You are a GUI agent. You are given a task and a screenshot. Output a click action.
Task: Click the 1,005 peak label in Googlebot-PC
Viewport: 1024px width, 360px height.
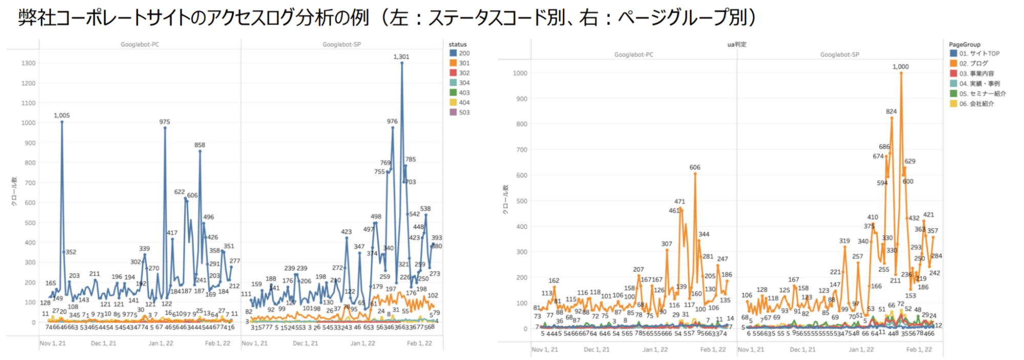pyautogui.click(x=61, y=116)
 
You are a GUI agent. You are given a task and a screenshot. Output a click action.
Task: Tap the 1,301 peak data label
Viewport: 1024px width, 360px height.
pyautogui.click(x=401, y=57)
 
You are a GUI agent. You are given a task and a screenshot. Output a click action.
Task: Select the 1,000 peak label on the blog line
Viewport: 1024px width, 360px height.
pyautogui.click(x=900, y=67)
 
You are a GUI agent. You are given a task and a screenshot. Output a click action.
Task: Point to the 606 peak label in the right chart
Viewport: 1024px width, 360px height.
pyautogui.click(x=695, y=167)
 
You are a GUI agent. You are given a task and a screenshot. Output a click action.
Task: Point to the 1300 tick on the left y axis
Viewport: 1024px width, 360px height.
pyautogui.click(x=28, y=63)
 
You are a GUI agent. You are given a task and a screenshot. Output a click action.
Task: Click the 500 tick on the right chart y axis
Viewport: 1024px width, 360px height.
pyautogui.click(x=521, y=201)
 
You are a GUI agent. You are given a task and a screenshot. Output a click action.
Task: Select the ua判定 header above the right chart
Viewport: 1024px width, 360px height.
pyautogui.click(x=737, y=45)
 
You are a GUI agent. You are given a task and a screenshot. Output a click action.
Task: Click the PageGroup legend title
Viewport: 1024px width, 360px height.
pyautogui.click(x=964, y=45)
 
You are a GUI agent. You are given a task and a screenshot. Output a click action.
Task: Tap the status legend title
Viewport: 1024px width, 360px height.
pyautogui.click(x=457, y=45)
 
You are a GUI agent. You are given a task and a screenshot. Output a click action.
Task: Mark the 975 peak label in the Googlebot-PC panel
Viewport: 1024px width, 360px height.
pyautogui.click(x=164, y=122)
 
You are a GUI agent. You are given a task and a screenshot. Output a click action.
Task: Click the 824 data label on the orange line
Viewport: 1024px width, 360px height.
pyautogui.click(x=891, y=112)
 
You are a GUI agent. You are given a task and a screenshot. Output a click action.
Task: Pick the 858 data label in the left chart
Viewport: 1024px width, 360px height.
pyautogui.click(x=199, y=145)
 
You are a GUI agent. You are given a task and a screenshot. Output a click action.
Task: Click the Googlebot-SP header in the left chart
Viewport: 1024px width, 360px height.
pyautogui.click(x=342, y=45)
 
